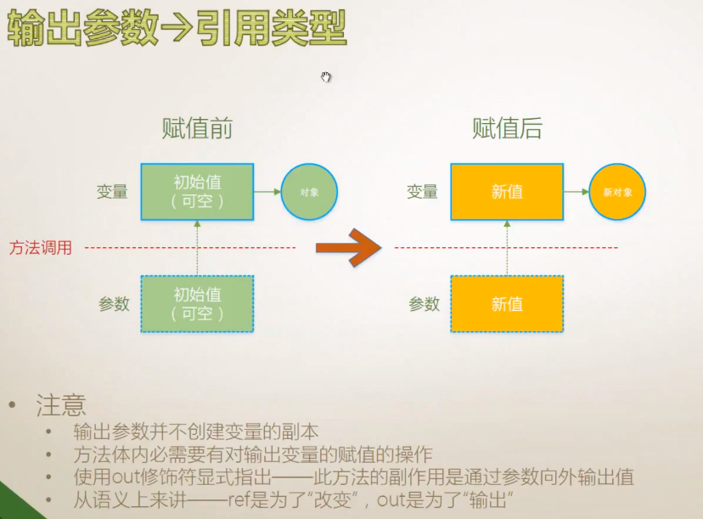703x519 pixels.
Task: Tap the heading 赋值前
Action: coord(197,128)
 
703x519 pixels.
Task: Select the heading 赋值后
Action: coord(507,128)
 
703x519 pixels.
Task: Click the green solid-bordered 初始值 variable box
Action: coord(197,192)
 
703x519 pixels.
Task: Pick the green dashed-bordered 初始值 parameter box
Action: coord(197,304)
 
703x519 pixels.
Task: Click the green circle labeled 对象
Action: coord(309,193)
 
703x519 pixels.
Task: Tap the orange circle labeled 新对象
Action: coord(617,193)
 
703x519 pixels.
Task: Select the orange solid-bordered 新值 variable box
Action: coord(506,192)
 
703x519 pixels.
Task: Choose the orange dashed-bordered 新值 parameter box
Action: coord(506,304)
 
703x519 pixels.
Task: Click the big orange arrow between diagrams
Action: coord(348,247)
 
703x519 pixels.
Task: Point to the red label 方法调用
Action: coord(41,248)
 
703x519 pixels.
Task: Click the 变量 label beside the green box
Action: coord(112,192)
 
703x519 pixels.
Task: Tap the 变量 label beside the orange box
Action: coord(422,192)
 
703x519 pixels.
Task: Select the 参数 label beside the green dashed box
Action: coord(114,303)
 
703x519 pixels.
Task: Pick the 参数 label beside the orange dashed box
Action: coord(424,303)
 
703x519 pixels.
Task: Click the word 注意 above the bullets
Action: coord(61,405)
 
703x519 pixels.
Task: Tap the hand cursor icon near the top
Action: coord(326,77)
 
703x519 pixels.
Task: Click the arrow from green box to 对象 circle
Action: coord(267,192)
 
